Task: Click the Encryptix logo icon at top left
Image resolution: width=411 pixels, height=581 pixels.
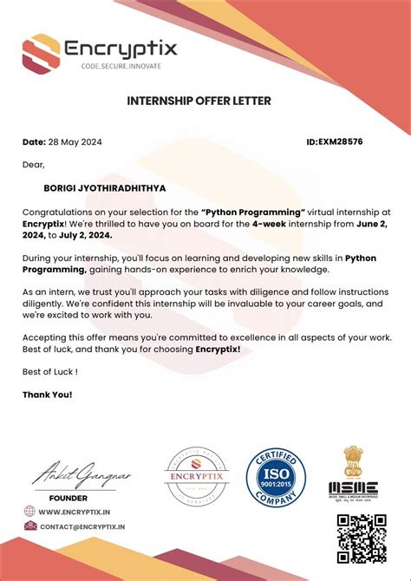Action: (41, 51)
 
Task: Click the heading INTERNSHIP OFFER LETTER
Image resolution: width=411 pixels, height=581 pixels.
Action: (199, 101)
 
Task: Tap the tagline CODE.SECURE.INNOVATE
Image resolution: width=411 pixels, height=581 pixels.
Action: (121, 66)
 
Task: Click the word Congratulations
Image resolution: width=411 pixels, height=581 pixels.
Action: (63, 211)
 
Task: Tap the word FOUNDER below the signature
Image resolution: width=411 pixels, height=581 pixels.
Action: (68, 498)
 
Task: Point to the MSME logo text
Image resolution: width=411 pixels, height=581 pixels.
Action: (353, 488)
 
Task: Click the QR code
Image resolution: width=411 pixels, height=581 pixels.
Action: (361, 538)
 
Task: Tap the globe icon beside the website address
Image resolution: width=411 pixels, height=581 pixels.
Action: (30, 512)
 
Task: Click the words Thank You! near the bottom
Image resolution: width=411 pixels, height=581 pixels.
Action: (47, 394)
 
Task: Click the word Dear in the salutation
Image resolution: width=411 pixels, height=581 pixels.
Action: (33, 164)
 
